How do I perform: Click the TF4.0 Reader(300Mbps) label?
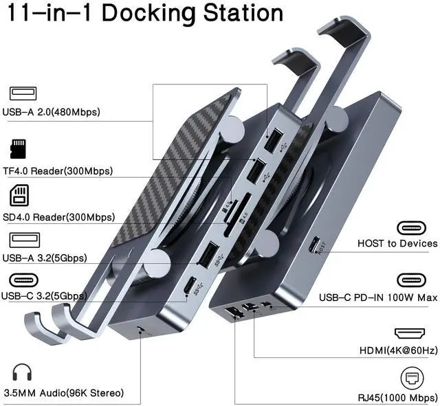(x=58, y=170)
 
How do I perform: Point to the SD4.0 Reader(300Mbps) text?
(x=58, y=217)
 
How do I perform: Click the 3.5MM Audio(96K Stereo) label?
(x=63, y=393)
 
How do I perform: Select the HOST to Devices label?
(x=397, y=243)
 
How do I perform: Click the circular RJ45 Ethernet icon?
(x=417, y=379)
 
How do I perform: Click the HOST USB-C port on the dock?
(x=315, y=245)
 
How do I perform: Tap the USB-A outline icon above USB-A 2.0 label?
(x=23, y=93)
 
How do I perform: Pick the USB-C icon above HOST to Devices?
(x=417, y=226)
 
